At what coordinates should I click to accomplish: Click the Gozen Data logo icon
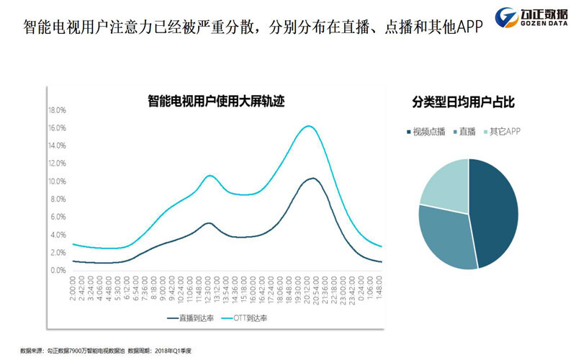point(509,17)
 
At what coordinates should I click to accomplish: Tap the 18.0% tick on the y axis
point(57,110)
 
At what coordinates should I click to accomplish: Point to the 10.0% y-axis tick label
point(57,181)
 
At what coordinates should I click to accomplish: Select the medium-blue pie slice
point(446,234)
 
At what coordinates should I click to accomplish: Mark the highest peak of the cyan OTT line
point(308,126)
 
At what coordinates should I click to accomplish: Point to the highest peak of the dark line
point(312,178)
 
